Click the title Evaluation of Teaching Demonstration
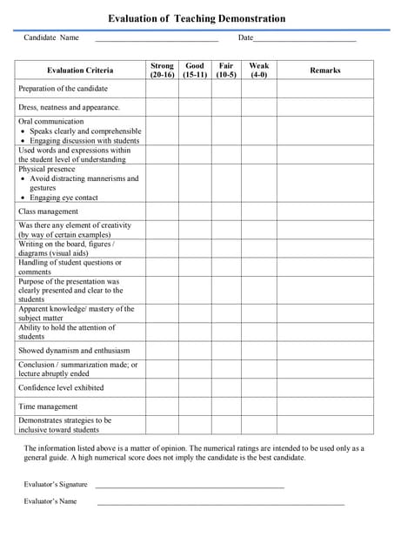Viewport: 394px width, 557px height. (196, 18)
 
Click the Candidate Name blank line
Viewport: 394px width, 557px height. (157, 40)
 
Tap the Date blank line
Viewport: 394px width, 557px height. (304, 40)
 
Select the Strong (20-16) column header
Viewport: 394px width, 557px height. (162, 70)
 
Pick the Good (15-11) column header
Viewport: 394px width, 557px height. (195, 70)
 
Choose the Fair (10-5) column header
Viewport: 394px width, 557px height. (226, 70)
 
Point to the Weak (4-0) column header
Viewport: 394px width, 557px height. (258, 70)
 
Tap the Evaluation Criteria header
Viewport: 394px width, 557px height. (79, 70)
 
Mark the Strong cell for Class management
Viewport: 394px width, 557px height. (162, 211)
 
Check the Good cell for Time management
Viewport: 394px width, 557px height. (195, 406)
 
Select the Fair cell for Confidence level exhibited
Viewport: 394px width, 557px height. (226, 388)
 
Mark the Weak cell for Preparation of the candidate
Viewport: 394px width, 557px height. (258, 89)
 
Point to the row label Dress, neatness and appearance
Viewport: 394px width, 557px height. (69, 107)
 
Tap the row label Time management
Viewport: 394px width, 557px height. (48, 406)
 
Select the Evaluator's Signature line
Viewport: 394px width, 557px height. (190, 486)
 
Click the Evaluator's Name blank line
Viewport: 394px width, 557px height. (220, 503)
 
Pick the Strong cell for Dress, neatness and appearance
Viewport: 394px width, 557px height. (162, 107)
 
